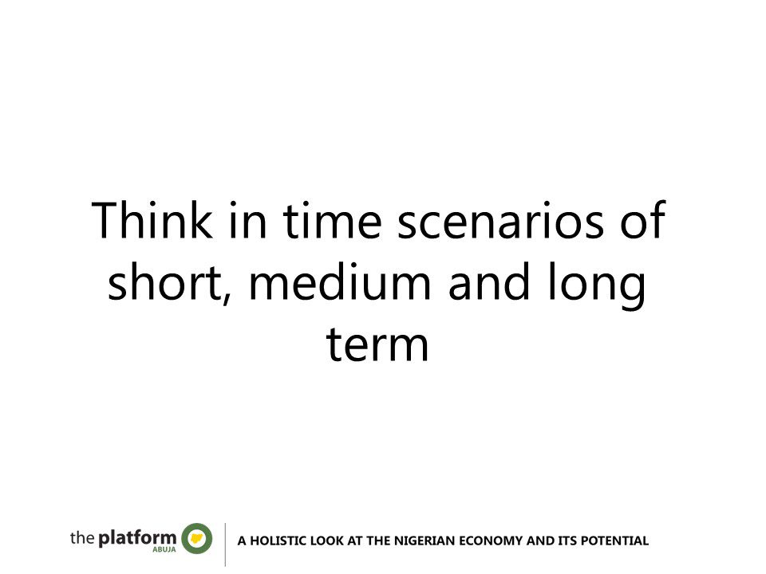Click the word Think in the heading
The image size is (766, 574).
click(x=152, y=220)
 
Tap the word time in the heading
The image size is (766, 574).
click(x=332, y=220)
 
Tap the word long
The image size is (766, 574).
click(x=597, y=285)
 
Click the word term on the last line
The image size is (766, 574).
click(x=377, y=344)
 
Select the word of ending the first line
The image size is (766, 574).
click(x=643, y=220)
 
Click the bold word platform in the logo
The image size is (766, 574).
click(x=137, y=538)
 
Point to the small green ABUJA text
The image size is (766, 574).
click(x=164, y=549)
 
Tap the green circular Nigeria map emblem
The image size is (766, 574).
click(x=197, y=538)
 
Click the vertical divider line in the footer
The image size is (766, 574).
click(x=225, y=545)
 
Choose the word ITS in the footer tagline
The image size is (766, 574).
click(x=567, y=541)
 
